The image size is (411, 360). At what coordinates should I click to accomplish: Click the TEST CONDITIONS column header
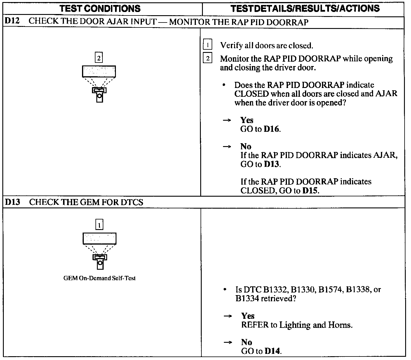tap(100, 8)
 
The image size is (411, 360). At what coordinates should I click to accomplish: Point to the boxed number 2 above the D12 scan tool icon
tap(99, 58)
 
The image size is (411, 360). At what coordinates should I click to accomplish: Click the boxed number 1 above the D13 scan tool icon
tap(100, 225)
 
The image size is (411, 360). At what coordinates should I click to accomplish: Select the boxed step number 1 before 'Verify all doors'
tap(207, 45)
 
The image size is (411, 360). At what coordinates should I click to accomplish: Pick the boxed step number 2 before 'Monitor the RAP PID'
tap(207, 58)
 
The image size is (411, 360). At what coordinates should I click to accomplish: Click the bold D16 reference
tap(271, 129)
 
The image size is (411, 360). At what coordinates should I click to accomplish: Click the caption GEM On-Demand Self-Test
tap(99, 278)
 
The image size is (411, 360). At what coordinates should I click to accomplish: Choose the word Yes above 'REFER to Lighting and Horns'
tap(248, 316)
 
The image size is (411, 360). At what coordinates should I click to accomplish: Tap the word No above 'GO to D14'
tap(247, 342)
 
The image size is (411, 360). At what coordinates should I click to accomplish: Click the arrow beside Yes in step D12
tap(227, 120)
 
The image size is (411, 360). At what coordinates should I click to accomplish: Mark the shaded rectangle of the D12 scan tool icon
tap(99, 72)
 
